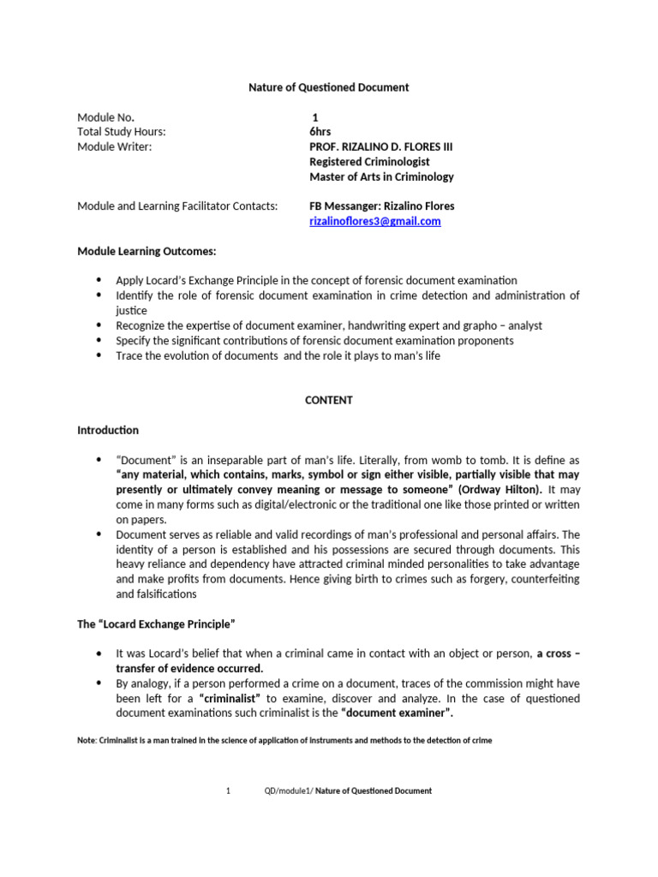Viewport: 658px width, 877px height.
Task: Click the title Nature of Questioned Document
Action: click(328, 87)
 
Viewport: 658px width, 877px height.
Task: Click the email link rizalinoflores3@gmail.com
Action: click(374, 221)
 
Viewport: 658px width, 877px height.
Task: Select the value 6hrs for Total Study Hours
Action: click(320, 132)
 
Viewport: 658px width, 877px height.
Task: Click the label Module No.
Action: click(105, 117)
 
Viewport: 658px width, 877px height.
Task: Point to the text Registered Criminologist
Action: click(369, 162)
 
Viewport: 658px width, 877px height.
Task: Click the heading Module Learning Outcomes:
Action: click(147, 251)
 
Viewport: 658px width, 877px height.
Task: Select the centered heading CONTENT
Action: click(328, 400)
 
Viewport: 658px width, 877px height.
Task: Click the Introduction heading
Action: click(108, 430)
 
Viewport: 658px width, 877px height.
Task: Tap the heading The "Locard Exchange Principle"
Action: click(156, 624)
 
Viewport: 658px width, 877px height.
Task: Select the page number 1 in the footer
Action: click(228, 791)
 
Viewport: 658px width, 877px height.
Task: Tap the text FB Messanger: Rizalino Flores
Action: click(381, 206)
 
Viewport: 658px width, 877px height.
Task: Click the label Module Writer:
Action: click(114, 146)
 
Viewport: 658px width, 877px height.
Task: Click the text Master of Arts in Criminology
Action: click(381, 176)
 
